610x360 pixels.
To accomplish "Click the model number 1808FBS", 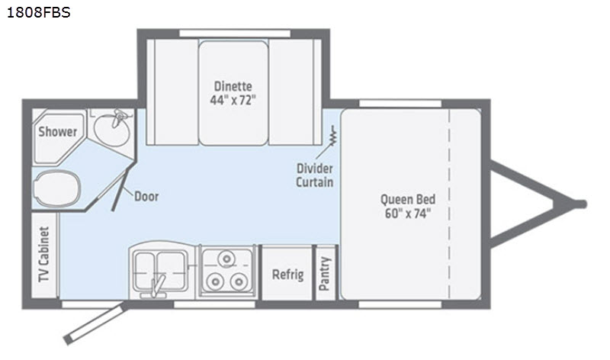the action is pyautogui.click(x=39, y=12).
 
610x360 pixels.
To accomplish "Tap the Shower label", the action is pyautogui.click(x=58, y=131).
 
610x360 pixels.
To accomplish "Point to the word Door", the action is pyautogui.click(x=146, y=197).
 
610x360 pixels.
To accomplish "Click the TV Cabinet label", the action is pyautogui.click(x=44, y=254).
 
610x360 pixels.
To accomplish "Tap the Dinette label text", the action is pyautogui.click(x=233, y=86).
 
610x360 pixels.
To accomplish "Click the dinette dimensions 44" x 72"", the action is pyautogui.click(x=233, y=101).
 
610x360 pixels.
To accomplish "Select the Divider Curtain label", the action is pyautogui.click(x=315, y=175).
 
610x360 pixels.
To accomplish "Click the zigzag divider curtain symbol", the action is pyautogui.click(x=332, y=136).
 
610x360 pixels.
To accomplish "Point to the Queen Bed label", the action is pyautogui.click(x=408, y=199).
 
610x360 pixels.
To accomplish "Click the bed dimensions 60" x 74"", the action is pyautogui.click(x=408, y=214).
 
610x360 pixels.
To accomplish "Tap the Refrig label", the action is pyautogui.click(x=287, y=275).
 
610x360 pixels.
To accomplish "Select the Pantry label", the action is pyautogui.click(x=325, y=274).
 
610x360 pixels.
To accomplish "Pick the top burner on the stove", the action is pyautogui.click(x=226, y=259).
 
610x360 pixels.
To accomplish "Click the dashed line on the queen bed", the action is pyautogui.click(x=449, y=204).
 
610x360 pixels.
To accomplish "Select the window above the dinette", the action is pyautogui.click(x=235, y=34).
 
